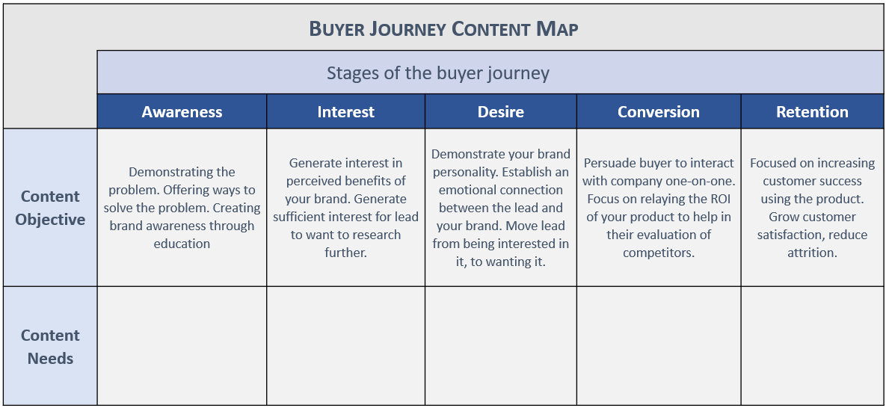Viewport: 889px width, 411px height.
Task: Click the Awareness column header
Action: [x=182, y=111]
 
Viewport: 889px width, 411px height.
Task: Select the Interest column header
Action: [x=346, y=111]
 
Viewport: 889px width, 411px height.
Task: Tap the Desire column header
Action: [x=501, y=111]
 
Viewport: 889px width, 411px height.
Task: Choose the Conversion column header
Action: [x=659, y=111]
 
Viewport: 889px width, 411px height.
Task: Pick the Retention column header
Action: [x=813, y=111]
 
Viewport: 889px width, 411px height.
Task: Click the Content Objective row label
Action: [x=50, y=208]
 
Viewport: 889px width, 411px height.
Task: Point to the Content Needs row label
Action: [x=50, y=347]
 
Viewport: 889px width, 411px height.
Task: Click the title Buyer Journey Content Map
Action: [x=444, y=28]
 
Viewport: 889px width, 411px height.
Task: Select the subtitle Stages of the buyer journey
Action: [x=438, y=73]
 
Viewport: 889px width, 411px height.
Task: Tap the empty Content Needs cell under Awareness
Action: [x=182, y=346]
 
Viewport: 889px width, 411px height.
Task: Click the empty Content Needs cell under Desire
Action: [x=501, y=346]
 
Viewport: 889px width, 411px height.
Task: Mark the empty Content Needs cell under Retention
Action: [x=813, y=346]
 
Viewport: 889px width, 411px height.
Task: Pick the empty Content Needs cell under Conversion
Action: [x=659, y=346]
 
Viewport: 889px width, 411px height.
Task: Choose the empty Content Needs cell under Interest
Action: [x=346, y=346]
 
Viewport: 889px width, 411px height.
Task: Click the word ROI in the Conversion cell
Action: [x=722, y=199]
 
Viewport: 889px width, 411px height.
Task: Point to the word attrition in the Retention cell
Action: [x=812, y=253]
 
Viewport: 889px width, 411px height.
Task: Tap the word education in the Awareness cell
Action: [x=182, y=244]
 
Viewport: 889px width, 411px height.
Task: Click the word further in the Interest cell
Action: [x=346, y=253]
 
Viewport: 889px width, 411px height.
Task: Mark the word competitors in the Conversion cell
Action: [x=659, y=253]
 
